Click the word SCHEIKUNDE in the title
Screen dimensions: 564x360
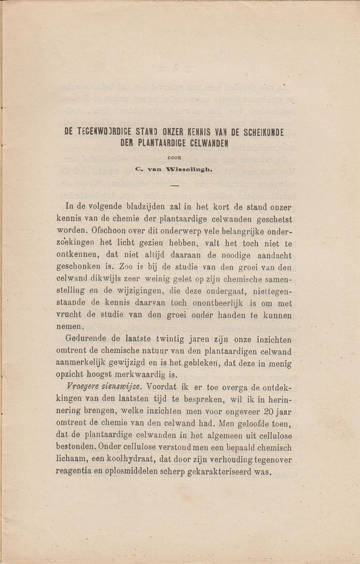point(259,132)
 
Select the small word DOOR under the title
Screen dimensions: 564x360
point(174,157)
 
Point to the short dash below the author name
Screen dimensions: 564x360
point(174,185)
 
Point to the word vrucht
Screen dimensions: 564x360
point(69,315)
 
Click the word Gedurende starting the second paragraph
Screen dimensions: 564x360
point(88,340)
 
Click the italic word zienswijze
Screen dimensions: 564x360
point(124,387)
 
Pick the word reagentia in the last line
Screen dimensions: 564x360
point(77,471)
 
